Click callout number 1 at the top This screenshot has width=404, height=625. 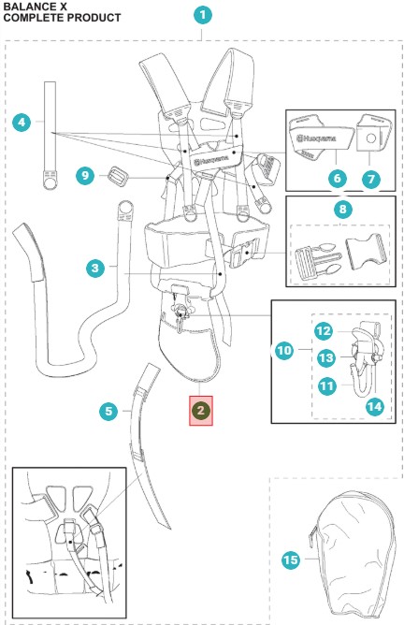202,16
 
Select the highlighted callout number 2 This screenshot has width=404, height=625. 201,411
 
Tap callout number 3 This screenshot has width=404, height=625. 95,268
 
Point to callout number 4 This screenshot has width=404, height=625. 22,122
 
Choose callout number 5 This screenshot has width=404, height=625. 108,411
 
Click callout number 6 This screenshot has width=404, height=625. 337,178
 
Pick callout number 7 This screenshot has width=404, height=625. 371,179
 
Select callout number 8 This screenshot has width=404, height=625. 342,209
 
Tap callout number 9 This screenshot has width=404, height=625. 85,175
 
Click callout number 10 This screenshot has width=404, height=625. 284,350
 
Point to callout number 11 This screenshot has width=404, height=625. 327,385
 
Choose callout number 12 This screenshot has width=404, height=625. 324,331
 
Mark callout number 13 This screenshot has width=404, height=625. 325,357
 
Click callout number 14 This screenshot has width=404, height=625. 374,407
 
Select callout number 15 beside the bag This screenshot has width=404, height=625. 291,560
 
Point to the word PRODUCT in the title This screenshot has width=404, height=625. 94,18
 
